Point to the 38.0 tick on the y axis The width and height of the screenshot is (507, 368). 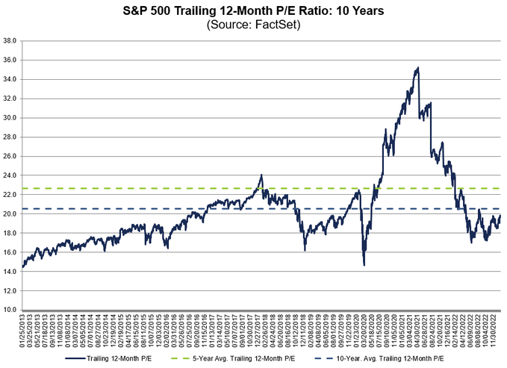point(10,40)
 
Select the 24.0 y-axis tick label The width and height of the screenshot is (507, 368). point(10,175)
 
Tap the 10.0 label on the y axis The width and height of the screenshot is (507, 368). point(10,310)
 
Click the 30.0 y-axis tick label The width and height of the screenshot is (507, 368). point(10,117)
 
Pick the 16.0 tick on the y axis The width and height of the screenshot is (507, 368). point(10,252)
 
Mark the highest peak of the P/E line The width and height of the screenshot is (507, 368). point(418,68)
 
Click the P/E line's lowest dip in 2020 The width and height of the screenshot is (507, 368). point(364,264)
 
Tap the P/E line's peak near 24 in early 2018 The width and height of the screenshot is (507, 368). point(261,175)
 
